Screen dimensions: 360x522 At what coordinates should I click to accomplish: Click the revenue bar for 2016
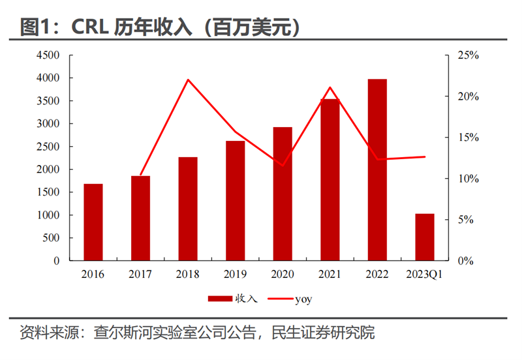(x=93, y=222)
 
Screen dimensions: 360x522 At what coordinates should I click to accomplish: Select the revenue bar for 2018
(x=188, y=209)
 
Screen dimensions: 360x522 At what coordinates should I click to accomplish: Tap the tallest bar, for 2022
(x=377, y=170)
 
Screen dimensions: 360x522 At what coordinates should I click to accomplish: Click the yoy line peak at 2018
(x=188, y=80)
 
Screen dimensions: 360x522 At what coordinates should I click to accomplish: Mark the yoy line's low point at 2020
(x=283, y=166)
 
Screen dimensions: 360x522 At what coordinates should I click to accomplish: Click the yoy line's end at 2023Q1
(x=425, y=157)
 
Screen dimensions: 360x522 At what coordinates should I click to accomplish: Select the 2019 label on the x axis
(x=235, y=275)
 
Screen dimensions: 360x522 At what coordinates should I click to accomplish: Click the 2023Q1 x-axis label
(x=425, y=275)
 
